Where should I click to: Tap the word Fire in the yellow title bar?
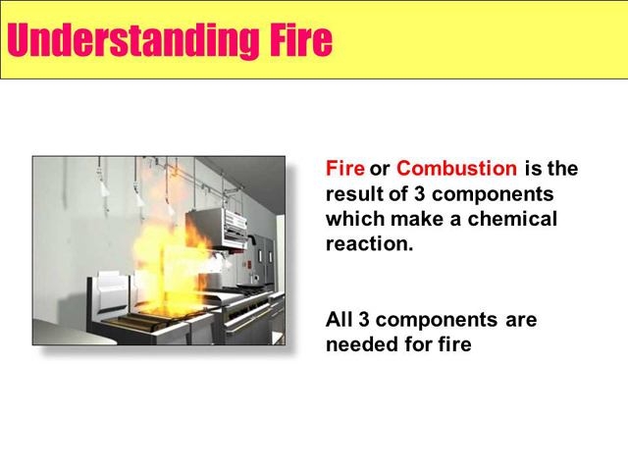tap(301, 39)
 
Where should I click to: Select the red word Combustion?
tap(456, 168)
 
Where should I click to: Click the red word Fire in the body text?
tap(344, 168)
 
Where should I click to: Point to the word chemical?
tap(512, 219)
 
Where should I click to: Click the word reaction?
tap(369, 244)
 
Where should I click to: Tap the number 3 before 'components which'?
tap(419, 194)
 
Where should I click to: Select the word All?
tap(340, 320)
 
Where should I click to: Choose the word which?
tap(355, 219)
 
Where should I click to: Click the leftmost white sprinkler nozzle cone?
tap(104, 188)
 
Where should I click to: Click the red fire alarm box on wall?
tap(248, 264)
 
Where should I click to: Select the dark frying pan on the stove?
tap(244, 286)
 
